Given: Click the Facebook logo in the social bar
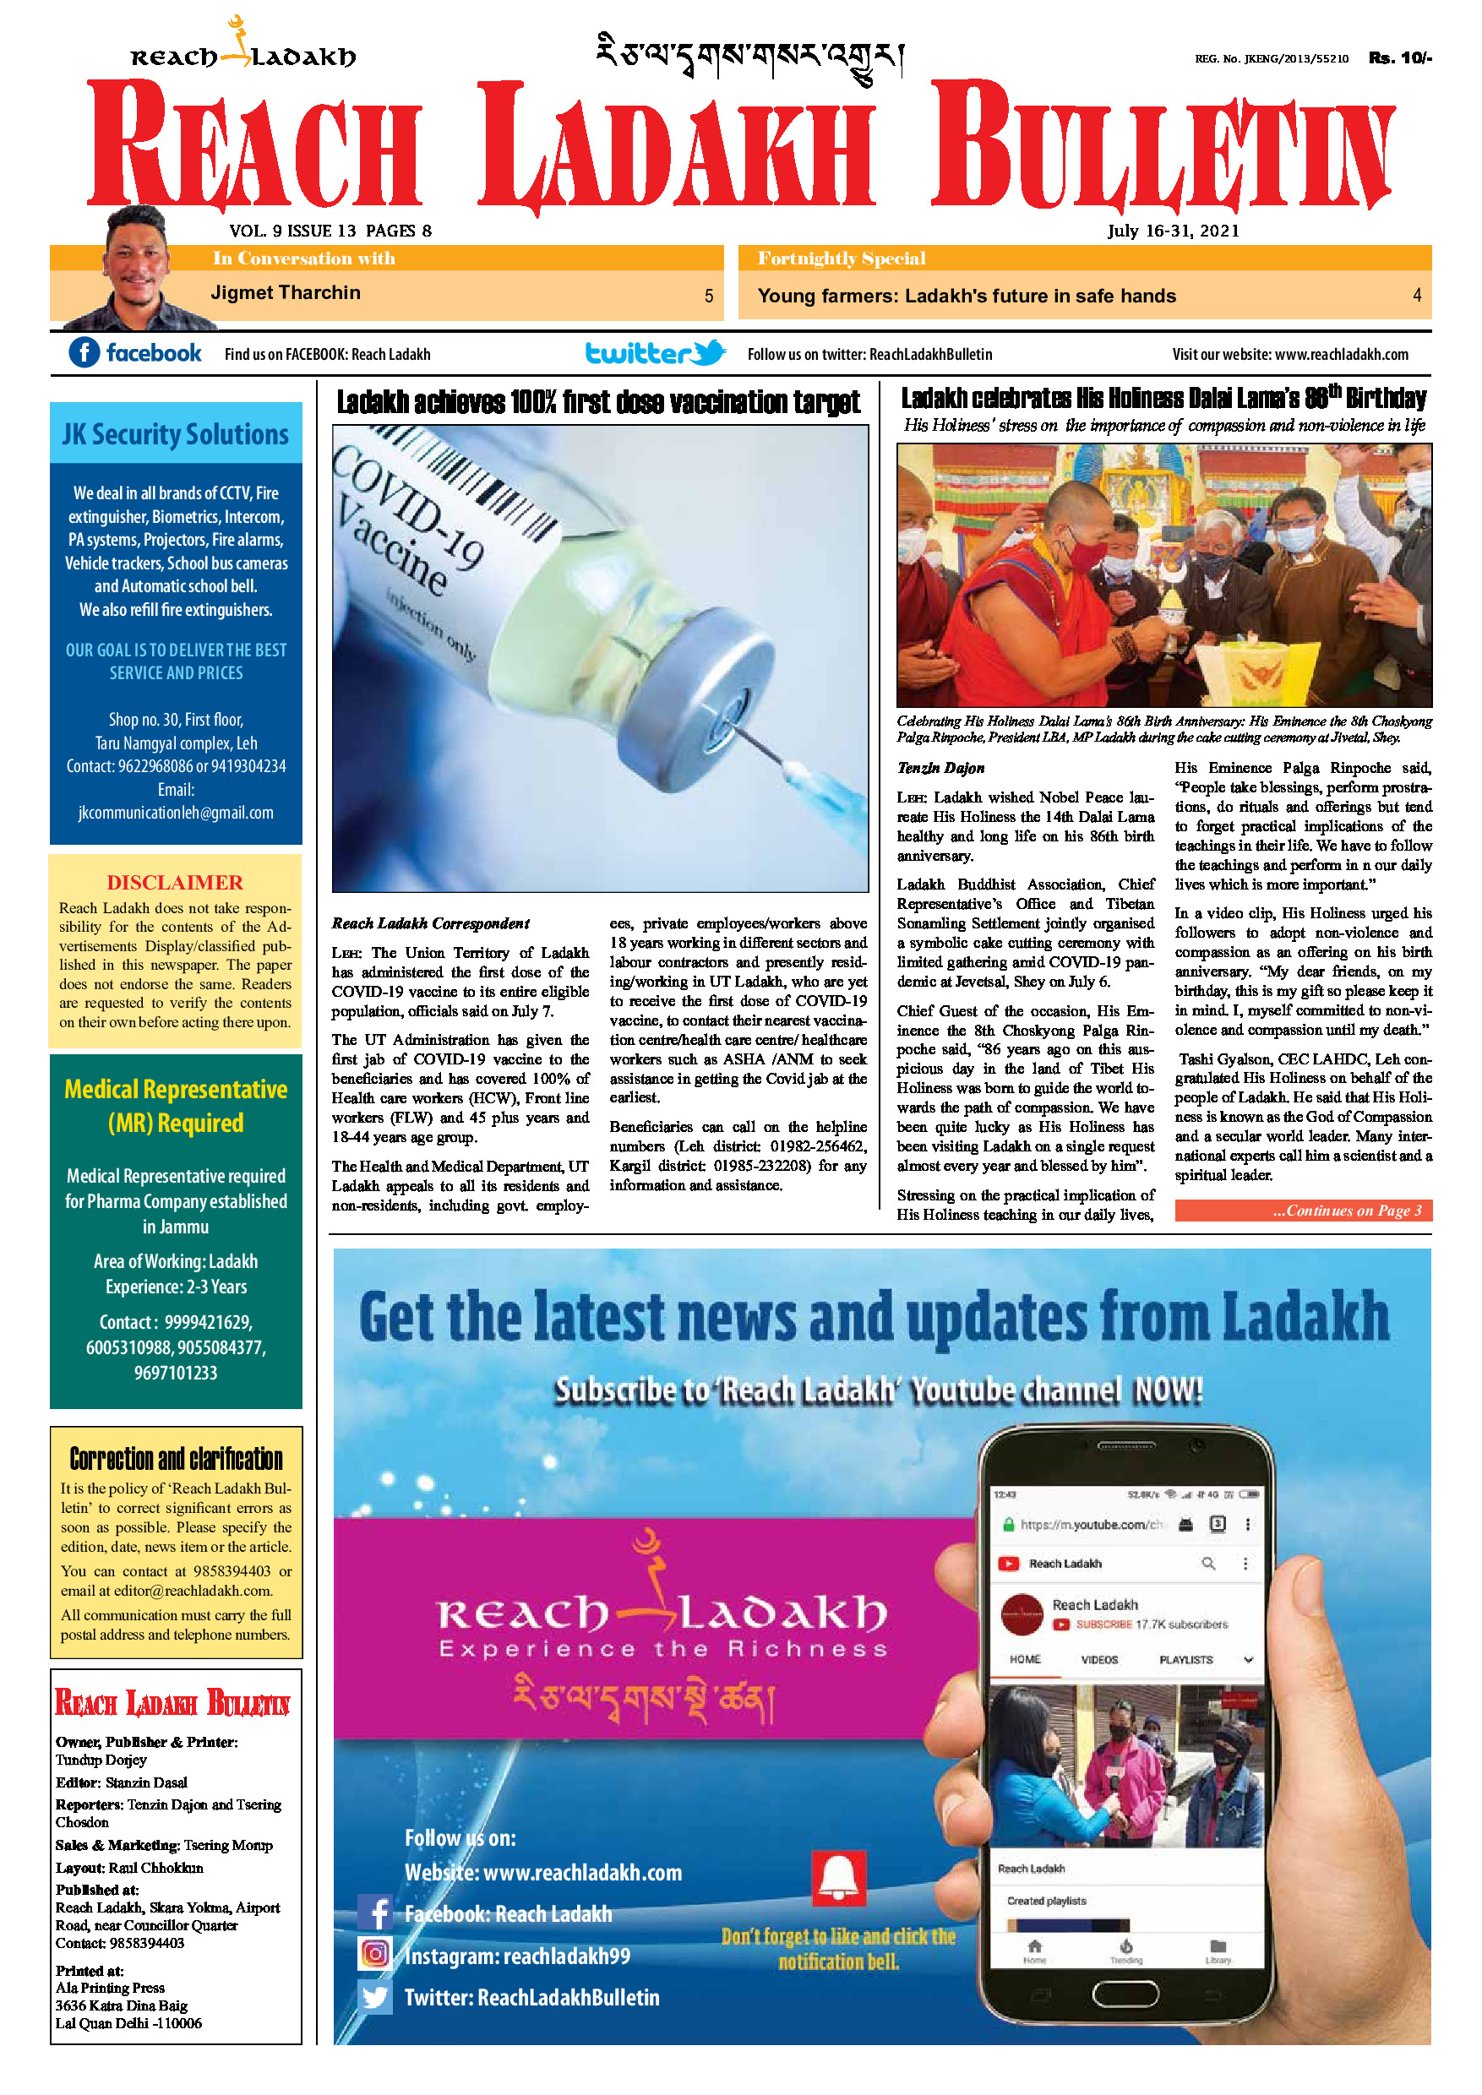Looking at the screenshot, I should tap(84, 352).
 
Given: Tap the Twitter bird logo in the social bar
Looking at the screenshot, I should tap(708, 352).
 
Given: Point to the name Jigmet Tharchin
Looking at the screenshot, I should tap(286, 293).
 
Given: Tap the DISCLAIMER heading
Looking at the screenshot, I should tap(175, 882).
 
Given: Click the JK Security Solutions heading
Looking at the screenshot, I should tap(175, 434).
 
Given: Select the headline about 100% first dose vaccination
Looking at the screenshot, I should tap(597, 402).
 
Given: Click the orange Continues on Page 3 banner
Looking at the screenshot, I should tap(1302, 1211).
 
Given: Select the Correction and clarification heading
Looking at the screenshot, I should tap(176, 1459).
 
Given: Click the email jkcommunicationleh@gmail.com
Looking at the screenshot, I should tap(175, 812).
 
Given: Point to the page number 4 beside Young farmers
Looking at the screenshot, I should tap(1416, 295).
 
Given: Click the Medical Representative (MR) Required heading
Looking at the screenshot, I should tap(175, 1105).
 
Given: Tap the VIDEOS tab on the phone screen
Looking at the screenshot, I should tap(1098, 1660).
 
